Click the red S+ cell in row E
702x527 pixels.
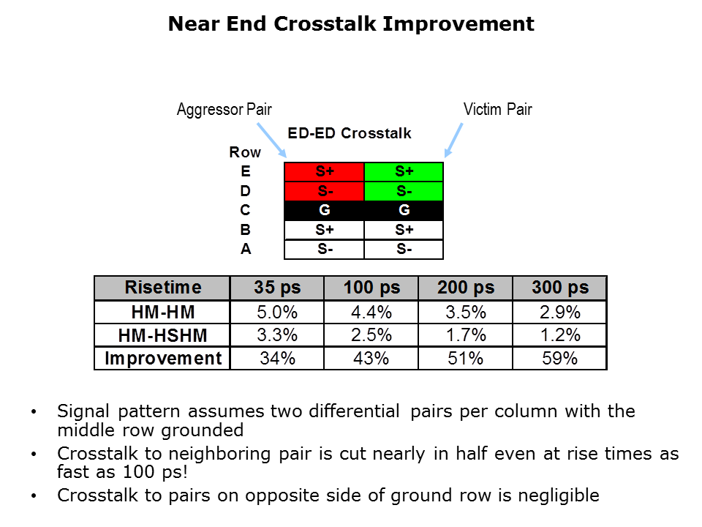coord(324,171)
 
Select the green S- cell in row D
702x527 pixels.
coord(404,191)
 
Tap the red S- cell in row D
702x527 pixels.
coord(324,191)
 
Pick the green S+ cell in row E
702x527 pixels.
coord(404,171)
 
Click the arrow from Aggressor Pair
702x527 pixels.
coord(272,141)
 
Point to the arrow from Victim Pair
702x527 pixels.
coord(453,140)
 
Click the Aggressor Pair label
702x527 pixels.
coord(224,109)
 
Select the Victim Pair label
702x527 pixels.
coord(497,109)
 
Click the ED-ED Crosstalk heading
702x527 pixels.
coord(350,133)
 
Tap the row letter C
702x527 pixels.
coord(245,210)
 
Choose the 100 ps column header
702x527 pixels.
coord(371,288)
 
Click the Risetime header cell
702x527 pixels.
coord(162,288)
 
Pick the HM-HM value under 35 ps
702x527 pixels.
coord(277,313)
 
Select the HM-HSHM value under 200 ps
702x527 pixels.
coord(466,335)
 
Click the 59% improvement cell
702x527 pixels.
coord(559,359)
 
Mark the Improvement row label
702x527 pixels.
coord(162,359)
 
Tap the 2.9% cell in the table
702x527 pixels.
coord(559,313)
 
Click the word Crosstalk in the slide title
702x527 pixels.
coord(325,23)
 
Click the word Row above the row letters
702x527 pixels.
coord(245,152)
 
